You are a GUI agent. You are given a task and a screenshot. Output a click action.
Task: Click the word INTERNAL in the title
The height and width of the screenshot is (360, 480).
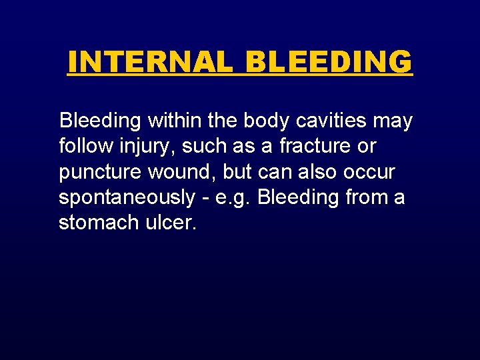pos(150,62)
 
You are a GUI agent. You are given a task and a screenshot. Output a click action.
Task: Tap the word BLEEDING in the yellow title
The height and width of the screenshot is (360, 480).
pos(329,62)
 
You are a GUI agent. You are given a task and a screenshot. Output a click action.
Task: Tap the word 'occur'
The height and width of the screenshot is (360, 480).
pos(370,173)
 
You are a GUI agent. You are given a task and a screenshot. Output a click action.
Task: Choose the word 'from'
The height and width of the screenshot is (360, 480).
pos(361,198)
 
